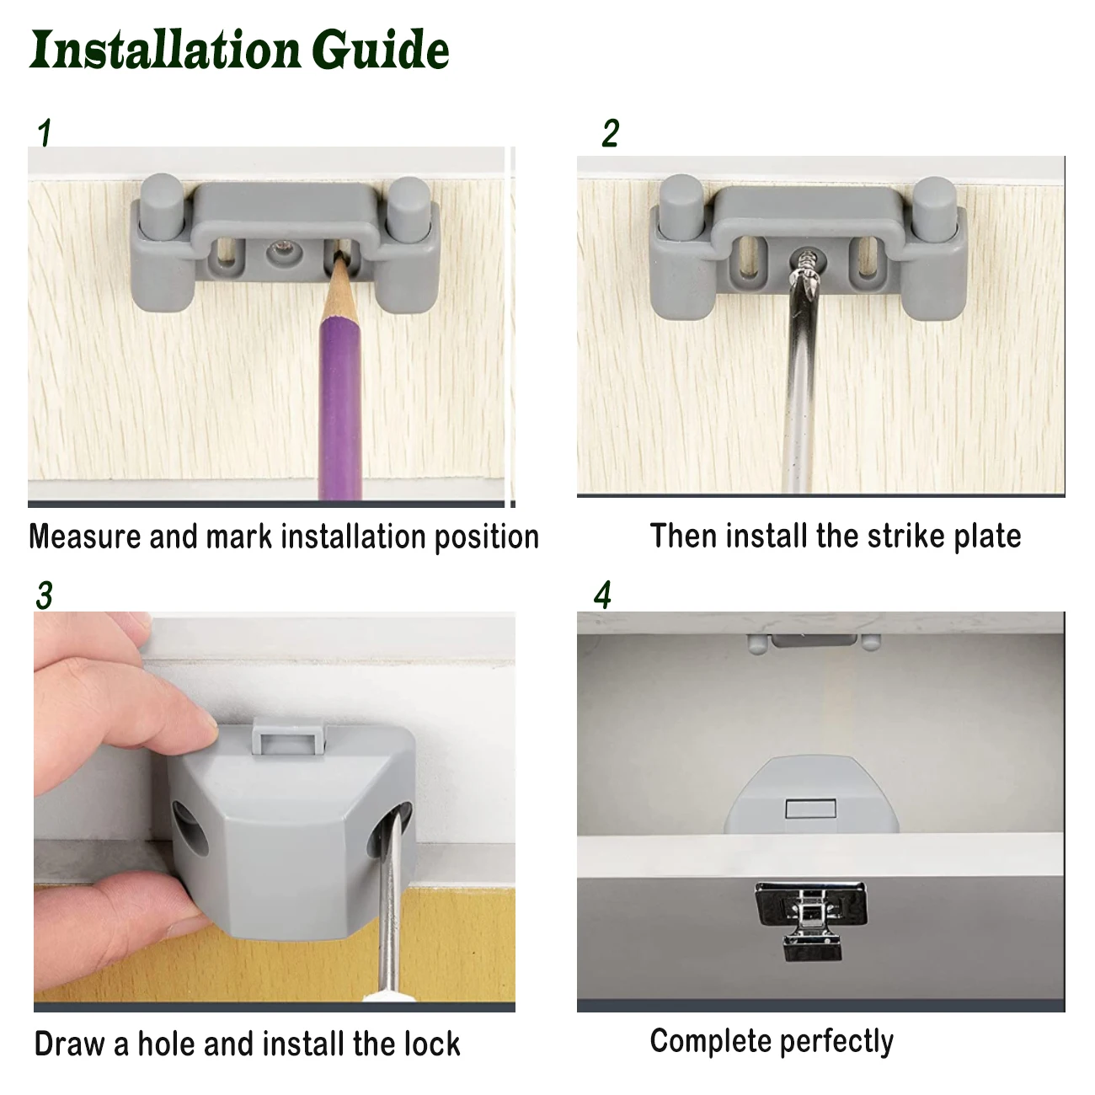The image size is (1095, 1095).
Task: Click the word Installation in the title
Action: point(165,50)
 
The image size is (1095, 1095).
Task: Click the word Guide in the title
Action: point(381,50)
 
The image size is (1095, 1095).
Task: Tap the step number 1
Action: point(45,133)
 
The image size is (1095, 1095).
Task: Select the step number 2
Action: point(611,133)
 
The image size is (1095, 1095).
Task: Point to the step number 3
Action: point(44,595)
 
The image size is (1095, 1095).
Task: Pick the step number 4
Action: point(602,595)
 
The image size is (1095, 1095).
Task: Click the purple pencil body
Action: point(340,406)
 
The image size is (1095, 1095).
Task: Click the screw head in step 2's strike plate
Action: point(806,261)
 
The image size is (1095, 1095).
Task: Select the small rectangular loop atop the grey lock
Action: point(289,737)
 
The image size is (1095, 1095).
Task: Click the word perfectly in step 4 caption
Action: point(836,1042)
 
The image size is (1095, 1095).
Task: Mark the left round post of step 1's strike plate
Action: point(162,206)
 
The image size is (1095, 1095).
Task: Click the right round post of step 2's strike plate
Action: point(935,207)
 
